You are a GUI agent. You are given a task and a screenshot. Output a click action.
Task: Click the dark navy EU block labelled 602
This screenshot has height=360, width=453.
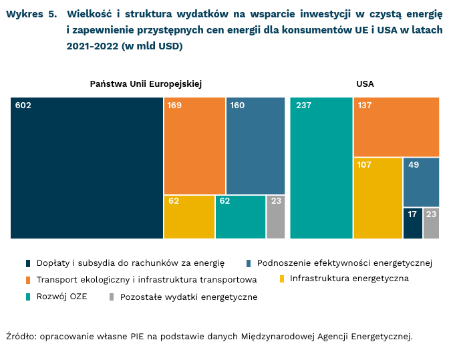(x=87, y=168)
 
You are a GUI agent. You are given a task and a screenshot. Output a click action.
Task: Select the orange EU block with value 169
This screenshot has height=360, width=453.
(x=194, y=146)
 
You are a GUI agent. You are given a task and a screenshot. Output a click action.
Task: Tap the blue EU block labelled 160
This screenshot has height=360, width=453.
(x=256, y=146)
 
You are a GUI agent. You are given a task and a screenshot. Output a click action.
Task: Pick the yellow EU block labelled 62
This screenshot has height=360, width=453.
(x=189, y=217)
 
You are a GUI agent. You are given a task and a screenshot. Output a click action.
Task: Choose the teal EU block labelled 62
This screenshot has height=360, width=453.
(x=241, y=217)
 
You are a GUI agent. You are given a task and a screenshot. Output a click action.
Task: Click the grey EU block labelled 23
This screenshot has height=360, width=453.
(x=276, y=217)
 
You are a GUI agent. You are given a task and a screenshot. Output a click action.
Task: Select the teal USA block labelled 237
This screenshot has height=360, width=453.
(x=321, y=168)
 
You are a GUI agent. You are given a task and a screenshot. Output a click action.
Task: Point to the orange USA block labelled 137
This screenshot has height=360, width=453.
(x=396, y=127)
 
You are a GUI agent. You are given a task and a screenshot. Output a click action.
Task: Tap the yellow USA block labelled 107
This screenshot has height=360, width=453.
(x=377, y=198)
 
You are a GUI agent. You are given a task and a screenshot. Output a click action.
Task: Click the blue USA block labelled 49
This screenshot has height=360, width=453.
(x=421, y=182)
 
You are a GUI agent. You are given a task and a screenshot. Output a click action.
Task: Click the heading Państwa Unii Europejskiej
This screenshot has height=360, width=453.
(x=146, y=84)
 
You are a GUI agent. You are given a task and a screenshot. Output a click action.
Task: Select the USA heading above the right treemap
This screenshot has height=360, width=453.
(x=365, y=84)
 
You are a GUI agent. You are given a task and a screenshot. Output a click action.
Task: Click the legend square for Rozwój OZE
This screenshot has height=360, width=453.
(x=27, y=296)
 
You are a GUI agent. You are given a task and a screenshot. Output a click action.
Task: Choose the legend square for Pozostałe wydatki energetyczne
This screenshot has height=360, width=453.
(x=112, y=296)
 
